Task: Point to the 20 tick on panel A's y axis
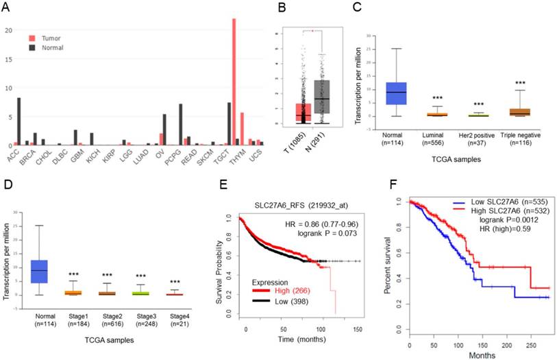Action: point(9,30)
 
